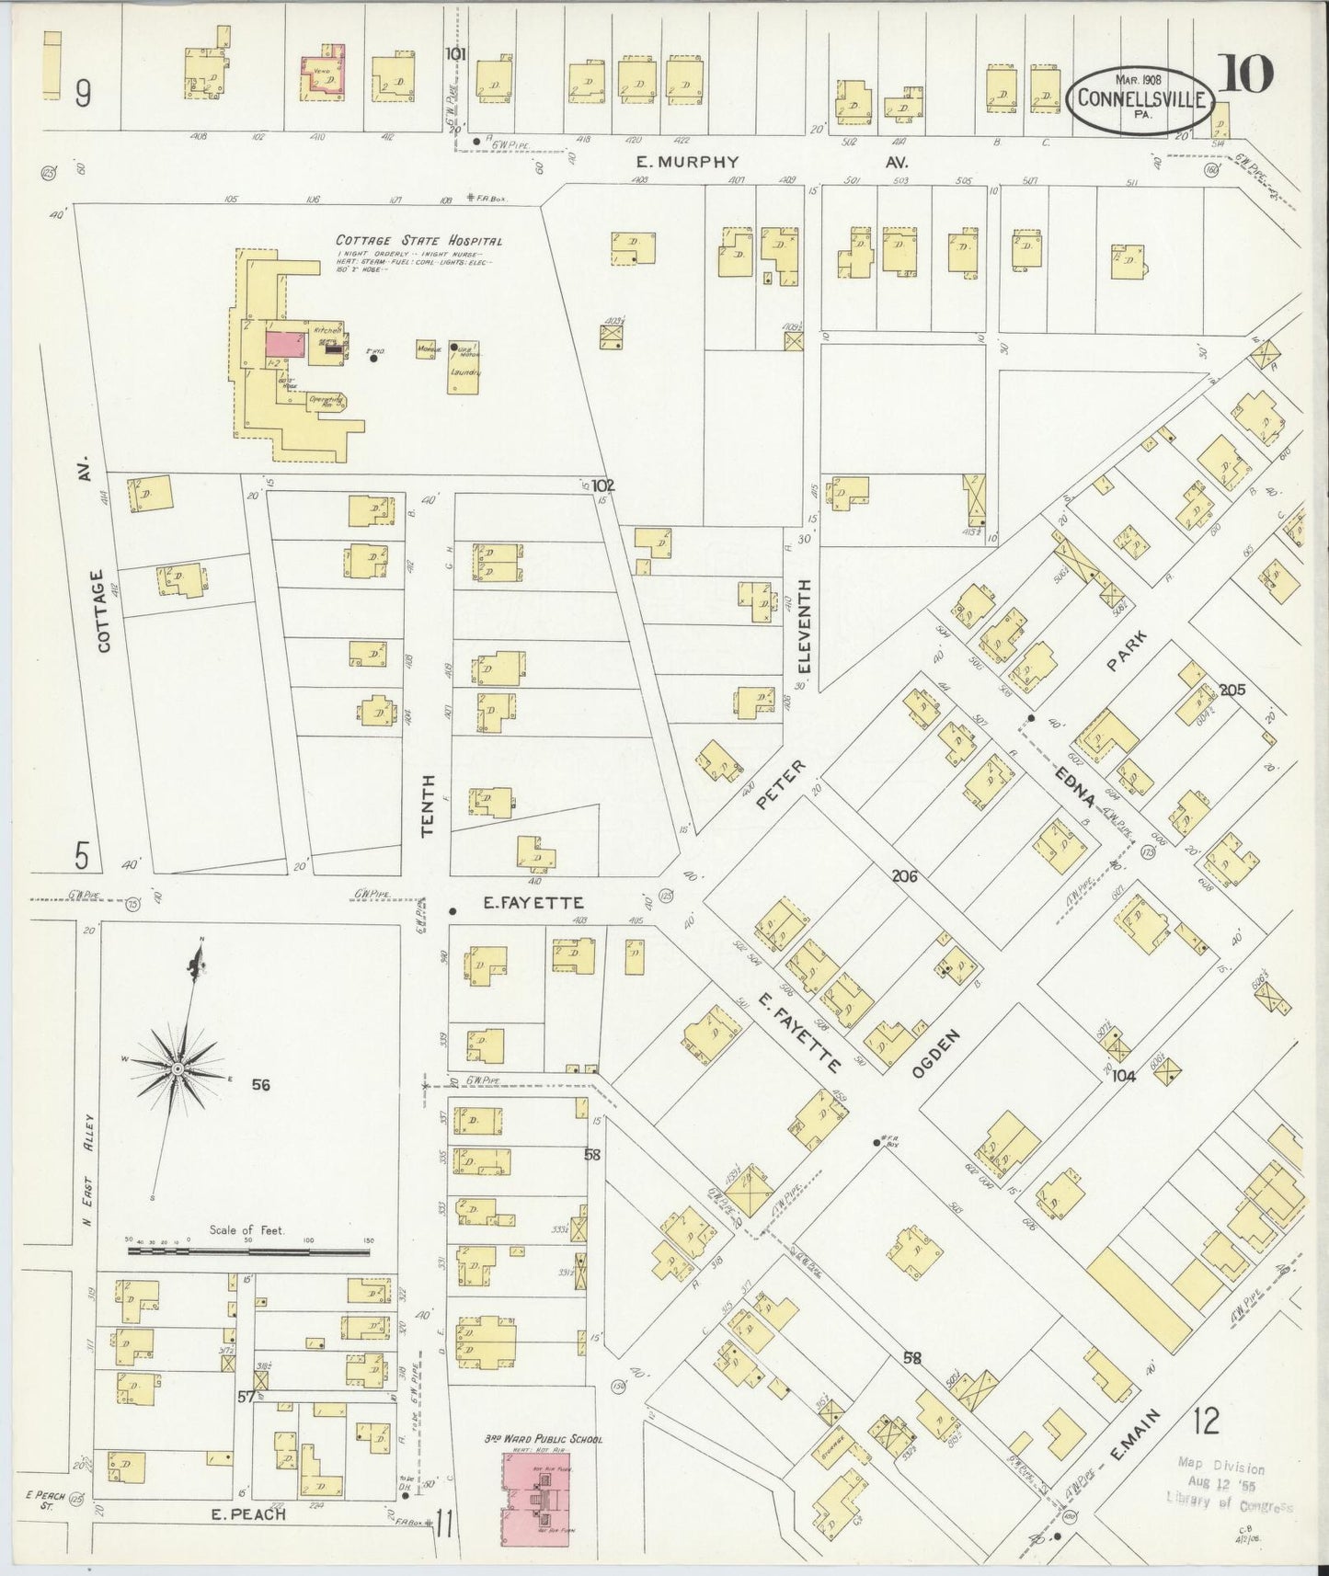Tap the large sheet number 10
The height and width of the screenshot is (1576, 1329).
coord(1247,74)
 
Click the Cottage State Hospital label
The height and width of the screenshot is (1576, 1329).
coord(418,241)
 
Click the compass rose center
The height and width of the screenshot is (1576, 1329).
coord(178,1070)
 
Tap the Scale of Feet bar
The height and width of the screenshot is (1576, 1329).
coord(250,1251)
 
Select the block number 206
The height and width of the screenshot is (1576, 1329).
coord(905,876)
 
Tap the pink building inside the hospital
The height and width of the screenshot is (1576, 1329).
coord(285,344)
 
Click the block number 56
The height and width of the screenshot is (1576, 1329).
coord(261,1085)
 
